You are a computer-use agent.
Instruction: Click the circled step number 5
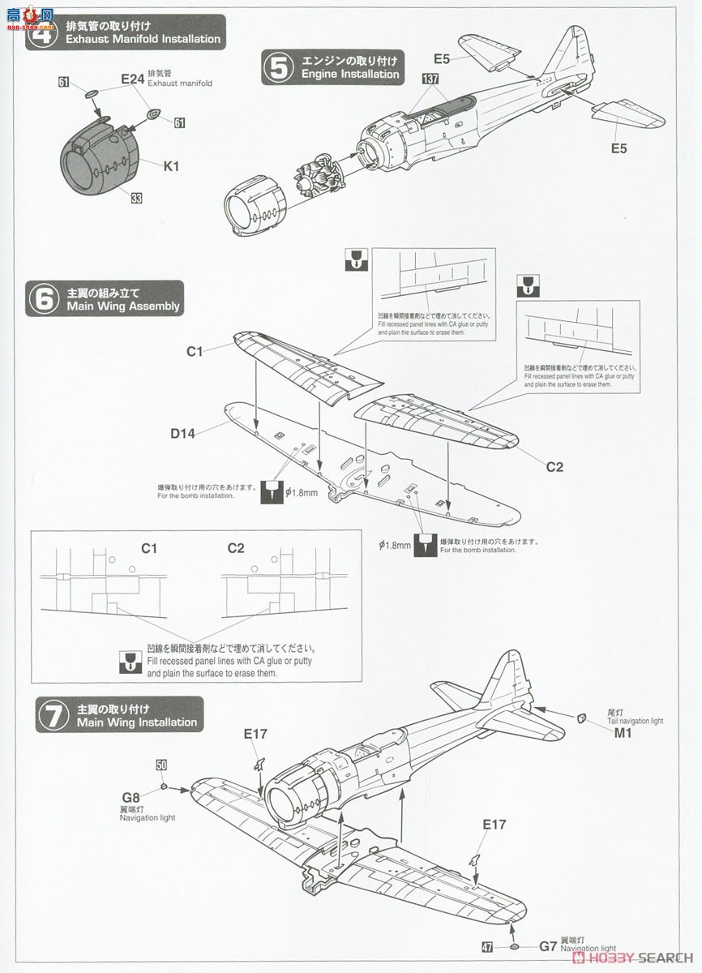tap(279, 68)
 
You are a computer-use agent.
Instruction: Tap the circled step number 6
tap(43, 298)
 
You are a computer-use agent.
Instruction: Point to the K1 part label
tap(171, 166)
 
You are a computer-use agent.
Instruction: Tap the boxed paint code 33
tap(135, 198)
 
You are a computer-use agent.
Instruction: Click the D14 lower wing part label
tap(182, 433)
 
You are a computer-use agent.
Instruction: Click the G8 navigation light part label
tap(131, 797)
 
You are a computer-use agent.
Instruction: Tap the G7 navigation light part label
tap(549, 945)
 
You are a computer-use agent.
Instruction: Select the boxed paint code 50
tap(161, 765)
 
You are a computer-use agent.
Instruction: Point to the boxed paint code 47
tap(486, 945)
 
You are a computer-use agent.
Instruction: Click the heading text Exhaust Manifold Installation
tap(143, 39)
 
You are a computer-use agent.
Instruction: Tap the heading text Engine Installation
tap(350, 74)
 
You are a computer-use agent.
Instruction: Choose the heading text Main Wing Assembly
tap(123, 306)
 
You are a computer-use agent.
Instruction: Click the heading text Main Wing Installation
tap(131, 722)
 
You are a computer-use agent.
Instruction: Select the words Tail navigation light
tap(634, 721)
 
